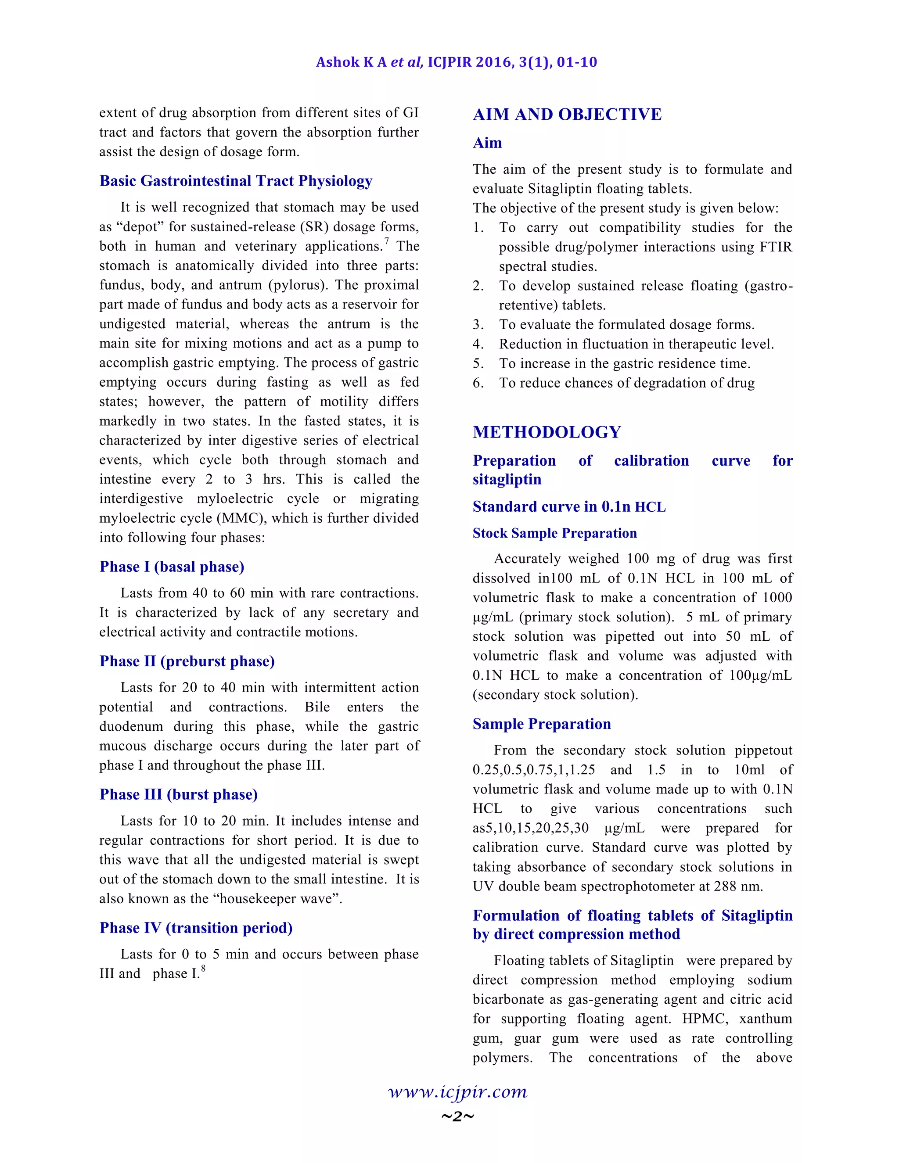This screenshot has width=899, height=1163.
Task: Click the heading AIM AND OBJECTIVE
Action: tap(567, 115)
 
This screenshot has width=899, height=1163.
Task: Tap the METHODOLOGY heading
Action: tap(547, 432)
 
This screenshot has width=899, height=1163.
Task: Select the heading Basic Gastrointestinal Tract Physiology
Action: tap(235, 181)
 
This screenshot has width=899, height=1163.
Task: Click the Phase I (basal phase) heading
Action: tap(172, 567)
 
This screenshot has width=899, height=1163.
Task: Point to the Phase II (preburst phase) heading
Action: tap(187, 661)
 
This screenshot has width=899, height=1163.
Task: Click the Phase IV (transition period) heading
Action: tap(196, 928)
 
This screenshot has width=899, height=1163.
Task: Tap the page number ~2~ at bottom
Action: tap(457, 1116)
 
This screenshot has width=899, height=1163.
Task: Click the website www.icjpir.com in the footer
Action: tap(457, 1092)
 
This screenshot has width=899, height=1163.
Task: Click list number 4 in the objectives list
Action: tap(478, 345)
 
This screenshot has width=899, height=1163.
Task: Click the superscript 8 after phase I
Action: tap(203, 969)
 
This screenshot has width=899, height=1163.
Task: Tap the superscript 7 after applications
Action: tap(387, 242)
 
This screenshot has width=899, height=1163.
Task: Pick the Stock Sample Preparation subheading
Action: tap(554, 534)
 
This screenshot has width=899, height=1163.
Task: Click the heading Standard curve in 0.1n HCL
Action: tap(569, 507)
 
